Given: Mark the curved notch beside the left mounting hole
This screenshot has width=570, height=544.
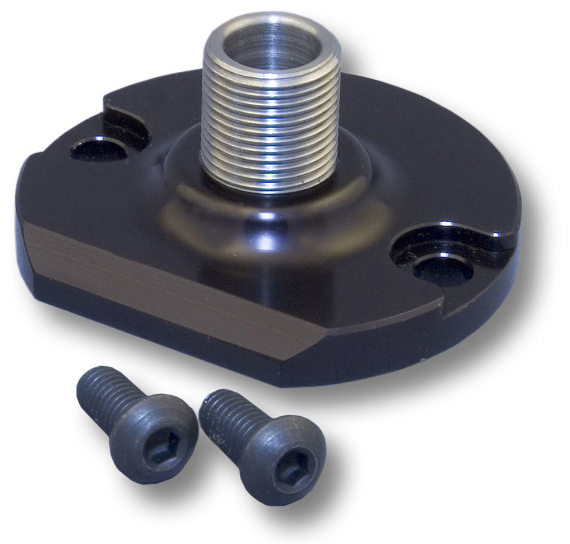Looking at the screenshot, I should pyautogui.click(x=125, y=122).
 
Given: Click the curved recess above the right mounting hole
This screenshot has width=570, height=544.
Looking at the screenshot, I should pyautogui.click(x=450, y=239).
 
